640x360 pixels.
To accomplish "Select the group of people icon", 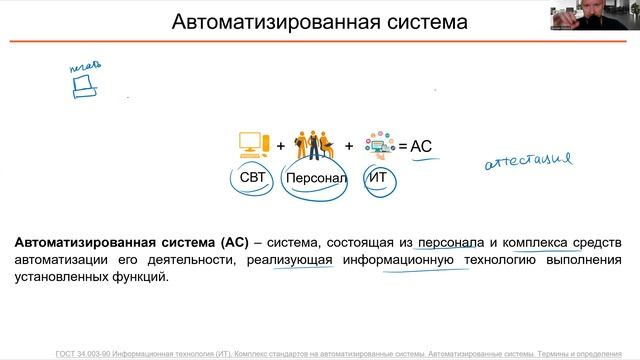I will tap(314, 144).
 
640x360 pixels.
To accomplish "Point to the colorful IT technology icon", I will tap(380, 145).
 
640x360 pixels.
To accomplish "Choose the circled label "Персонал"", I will tap(315, 179).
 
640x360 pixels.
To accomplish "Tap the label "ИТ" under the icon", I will tap(378, 178).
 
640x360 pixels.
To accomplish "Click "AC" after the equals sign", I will tap(421, 147).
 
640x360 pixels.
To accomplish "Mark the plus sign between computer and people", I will tap(281, 146).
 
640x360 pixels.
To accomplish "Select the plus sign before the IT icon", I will tap(349, 146).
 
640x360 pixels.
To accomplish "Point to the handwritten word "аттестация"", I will tap(527, 159).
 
